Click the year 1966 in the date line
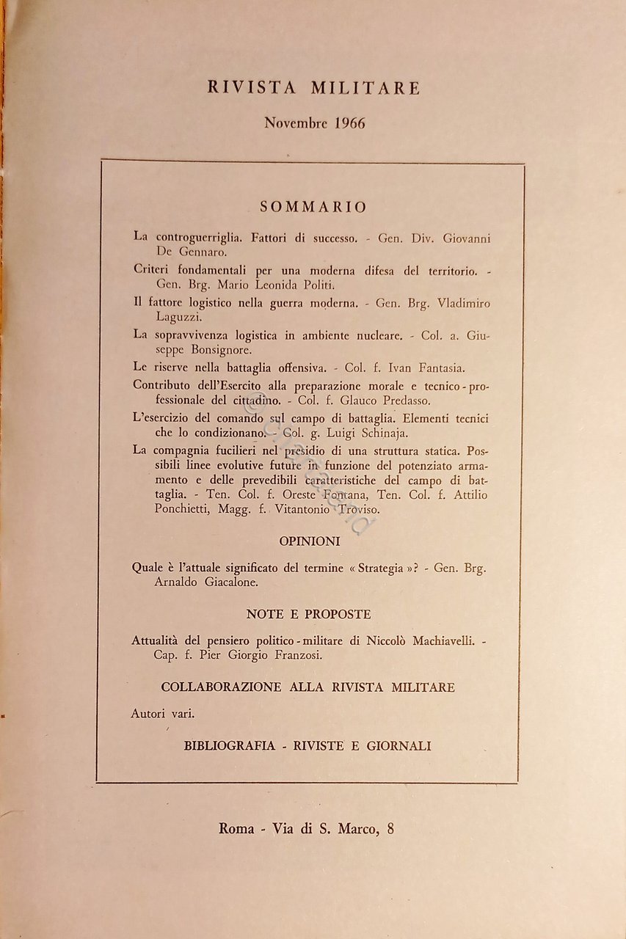coord(349,123)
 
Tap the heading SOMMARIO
coord(313,207)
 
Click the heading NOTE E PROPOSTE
coord(308,614)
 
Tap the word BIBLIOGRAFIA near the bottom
coord(230,746)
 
